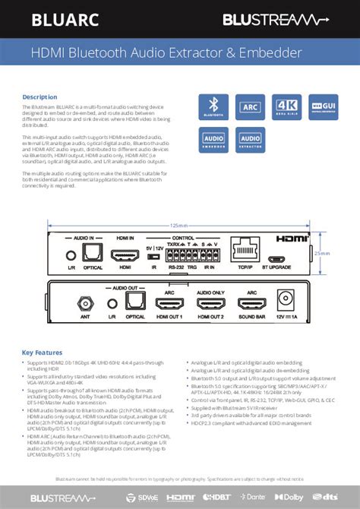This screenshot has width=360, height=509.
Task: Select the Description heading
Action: point(39,97)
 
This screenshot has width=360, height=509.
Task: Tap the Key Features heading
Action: point(43,353)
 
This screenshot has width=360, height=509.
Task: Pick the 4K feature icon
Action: point(288,107)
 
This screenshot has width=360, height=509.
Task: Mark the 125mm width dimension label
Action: point(178,226)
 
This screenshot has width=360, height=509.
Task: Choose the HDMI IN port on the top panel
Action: point(125,256)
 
